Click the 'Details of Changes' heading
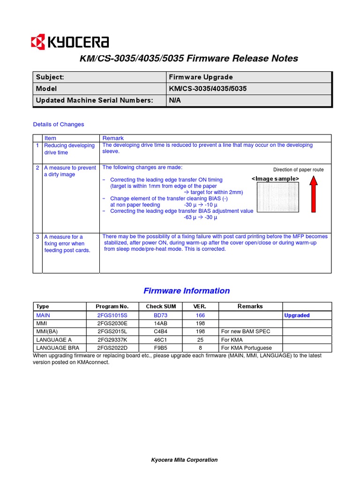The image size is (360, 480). [59, 124]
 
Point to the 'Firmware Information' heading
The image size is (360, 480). [187, 291]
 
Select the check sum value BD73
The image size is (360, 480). [161, 315]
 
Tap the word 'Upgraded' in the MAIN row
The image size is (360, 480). [297, 315]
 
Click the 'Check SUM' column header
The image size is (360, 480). [161, 307]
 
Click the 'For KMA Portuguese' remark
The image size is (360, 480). [246, 348]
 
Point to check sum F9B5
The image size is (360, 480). [161, 348]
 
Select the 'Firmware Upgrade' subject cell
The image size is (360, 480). [201, 77]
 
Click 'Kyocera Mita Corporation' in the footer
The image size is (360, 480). [184, 460]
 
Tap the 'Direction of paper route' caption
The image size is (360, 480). [298, 170]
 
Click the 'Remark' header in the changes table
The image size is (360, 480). [113, 138]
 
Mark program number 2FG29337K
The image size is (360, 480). [112, 340]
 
